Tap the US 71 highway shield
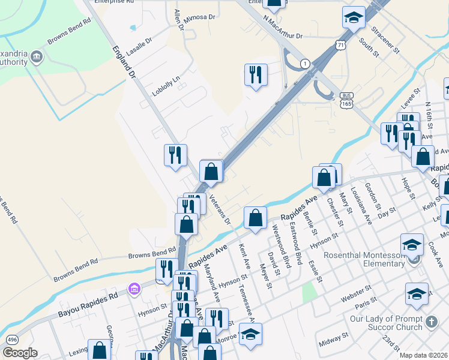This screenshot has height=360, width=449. click(341, 45)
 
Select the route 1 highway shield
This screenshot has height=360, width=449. click(305, 64)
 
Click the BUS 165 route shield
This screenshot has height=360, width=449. click(346, 100)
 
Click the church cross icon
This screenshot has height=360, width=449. click(430, 323)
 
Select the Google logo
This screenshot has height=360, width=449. click(20, 353)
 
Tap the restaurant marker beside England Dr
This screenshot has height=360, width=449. click(175, 155)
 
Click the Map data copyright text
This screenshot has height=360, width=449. click(423, 355)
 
